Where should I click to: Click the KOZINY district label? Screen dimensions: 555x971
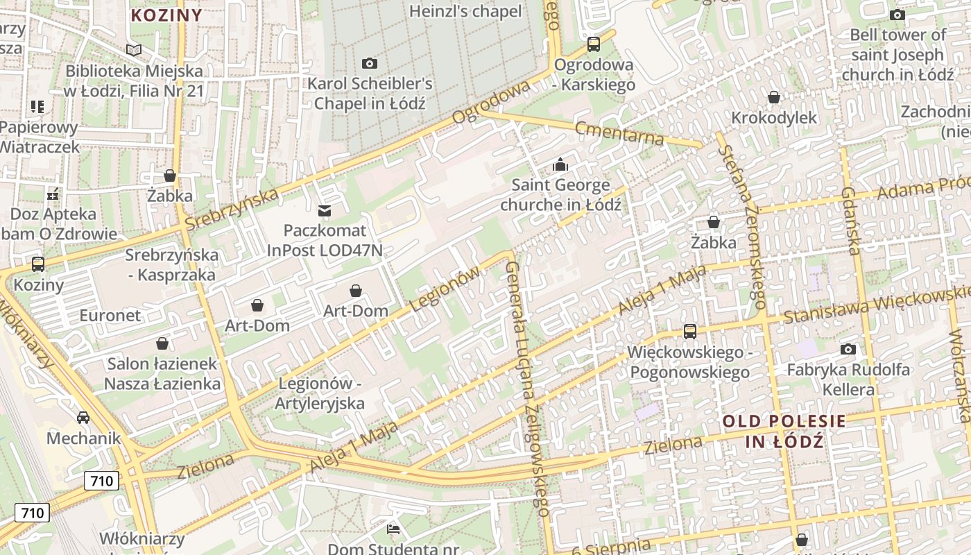[166, 15]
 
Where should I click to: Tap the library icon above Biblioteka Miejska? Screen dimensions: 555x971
[134, 50]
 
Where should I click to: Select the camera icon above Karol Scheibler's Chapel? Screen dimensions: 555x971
[370, 63]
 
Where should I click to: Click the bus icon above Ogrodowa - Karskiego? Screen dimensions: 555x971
[594, 44]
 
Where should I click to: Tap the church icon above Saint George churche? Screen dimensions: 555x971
[560, 164]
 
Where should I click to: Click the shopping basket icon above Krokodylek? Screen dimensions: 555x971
[774, 97]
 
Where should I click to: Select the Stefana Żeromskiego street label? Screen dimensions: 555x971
[742, 225]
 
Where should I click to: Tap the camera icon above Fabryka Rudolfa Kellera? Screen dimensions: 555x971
[848, 349]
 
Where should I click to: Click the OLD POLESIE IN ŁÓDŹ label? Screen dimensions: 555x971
[784, 431]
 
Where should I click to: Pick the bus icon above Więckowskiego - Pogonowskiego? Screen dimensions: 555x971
[689, 331]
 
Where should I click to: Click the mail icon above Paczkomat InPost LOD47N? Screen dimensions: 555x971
[324, 210]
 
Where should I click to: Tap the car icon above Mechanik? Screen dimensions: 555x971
[83, 417]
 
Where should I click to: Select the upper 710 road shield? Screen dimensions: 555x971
[101, 480]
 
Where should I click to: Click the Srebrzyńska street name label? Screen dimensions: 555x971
[232, 208]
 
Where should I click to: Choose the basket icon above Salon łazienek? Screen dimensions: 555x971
[162, 343]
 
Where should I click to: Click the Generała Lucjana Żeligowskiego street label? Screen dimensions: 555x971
[529, 388]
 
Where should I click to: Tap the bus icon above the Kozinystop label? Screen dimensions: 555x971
[38, 264]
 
